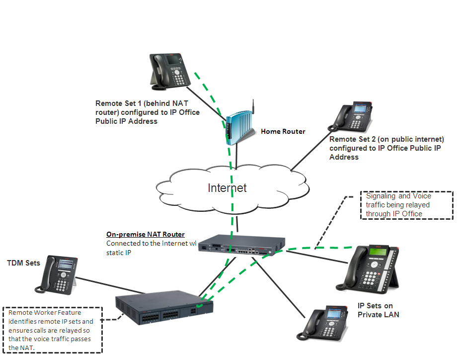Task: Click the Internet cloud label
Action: (228, 188)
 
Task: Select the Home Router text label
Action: (283, 132)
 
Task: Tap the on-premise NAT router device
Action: (237, 246)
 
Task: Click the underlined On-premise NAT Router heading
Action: (146, 234)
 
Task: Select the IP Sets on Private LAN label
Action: (379, 310)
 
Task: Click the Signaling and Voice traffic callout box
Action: (406, 205)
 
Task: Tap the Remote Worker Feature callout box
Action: (52, 330)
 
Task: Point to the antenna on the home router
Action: (252, 107)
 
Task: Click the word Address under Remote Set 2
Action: (344, 157)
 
